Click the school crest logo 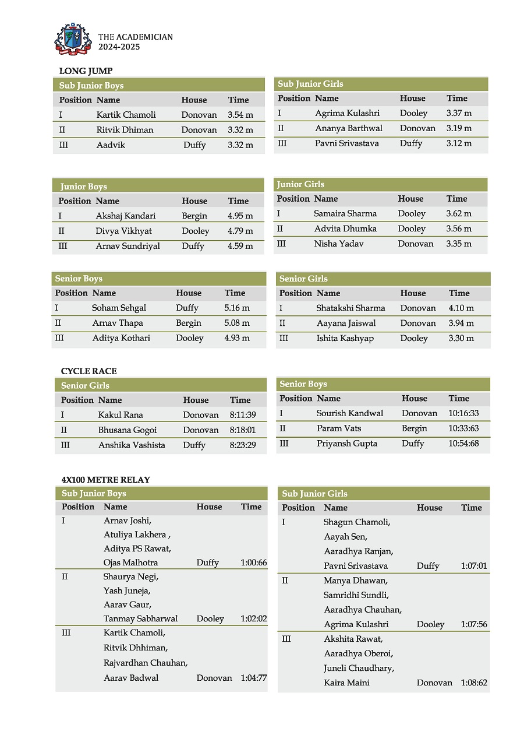coord(73,40)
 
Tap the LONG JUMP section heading coord(86,71)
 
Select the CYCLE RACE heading coord(88,371)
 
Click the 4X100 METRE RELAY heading coord(105,480)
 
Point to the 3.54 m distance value coord(240,115)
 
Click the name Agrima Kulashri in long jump coord(347,113)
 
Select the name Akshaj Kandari coord(126,216)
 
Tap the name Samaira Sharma coord(345,214)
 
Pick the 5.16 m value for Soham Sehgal coord(237,308)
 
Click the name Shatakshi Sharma coord(350,308)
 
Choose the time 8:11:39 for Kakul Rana coord(243,415)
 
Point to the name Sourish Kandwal coord(350,413)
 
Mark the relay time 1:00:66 coord(254,562)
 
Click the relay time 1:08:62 coord(474,683)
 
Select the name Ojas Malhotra coord(130,562)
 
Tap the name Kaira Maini coord(346,683)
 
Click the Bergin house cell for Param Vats coord(415,428)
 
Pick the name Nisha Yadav coord(339,244)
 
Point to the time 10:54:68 coord(463,444)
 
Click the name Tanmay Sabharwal coord(140,618)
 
